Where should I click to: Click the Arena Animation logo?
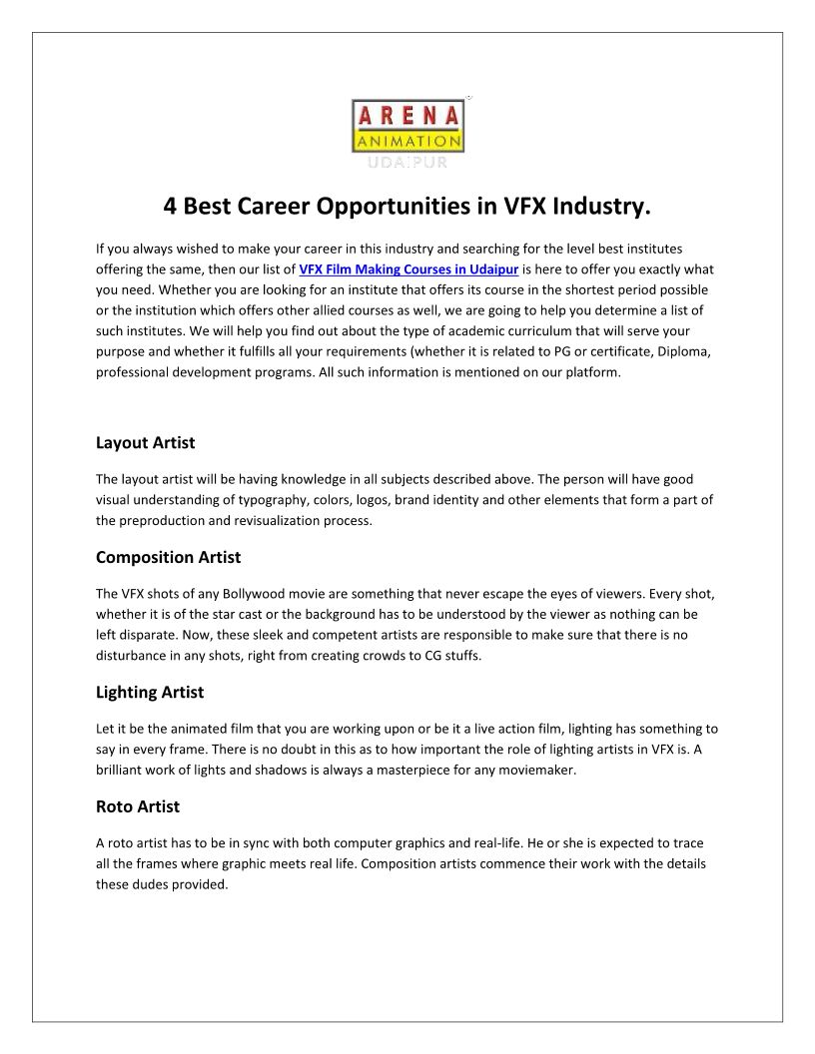407,127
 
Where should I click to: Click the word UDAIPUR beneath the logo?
407,161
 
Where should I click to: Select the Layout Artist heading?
145,442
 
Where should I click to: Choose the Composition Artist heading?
168,557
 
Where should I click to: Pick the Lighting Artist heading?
150,692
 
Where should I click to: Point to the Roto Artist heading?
138,806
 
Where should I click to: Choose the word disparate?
150,635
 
